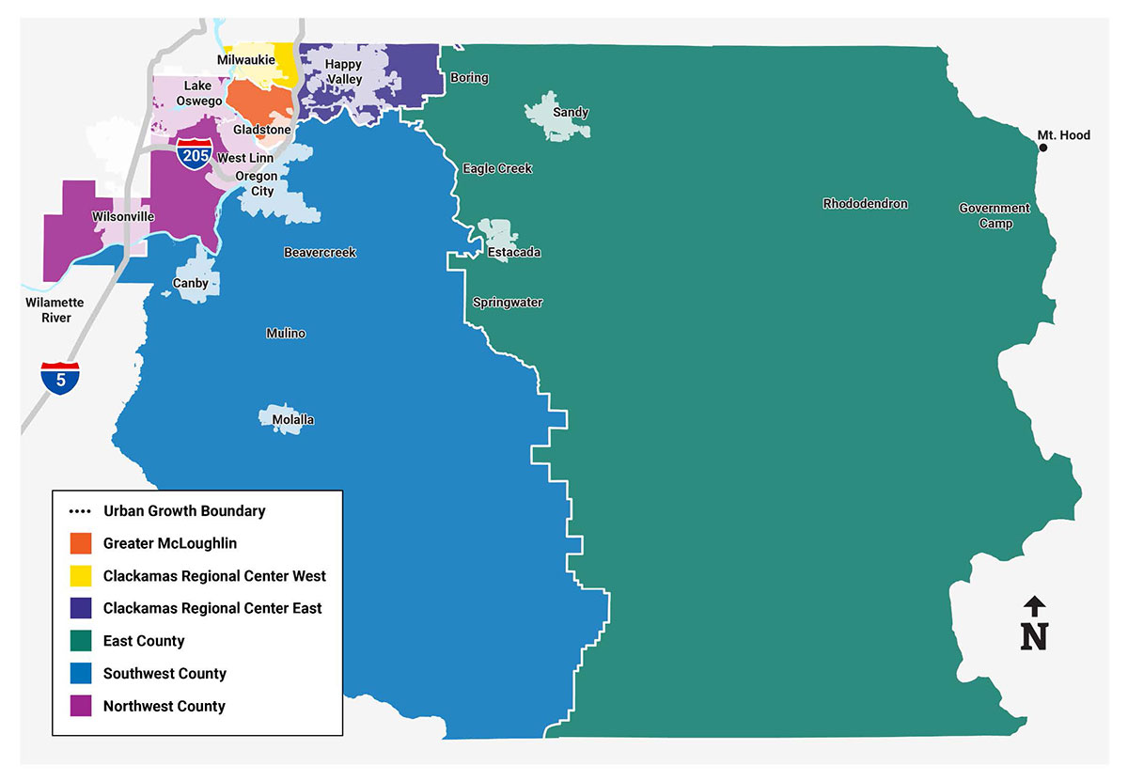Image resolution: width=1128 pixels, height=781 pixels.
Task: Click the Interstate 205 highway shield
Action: (193, 154)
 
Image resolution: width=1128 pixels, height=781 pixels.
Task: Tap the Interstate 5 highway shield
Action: (59, 378)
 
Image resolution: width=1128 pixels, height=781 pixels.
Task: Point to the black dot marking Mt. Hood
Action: (1042, 148)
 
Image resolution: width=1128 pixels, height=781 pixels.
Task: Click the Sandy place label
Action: (570, 113)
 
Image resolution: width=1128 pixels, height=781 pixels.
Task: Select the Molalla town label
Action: (292, 419)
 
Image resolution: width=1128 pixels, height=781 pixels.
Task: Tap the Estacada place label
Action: (513, 253)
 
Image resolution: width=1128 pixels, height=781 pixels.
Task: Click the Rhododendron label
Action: (865, 204)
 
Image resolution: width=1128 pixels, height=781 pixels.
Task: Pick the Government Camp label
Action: (995, 216)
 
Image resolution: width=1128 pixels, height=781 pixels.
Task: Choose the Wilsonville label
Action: (123, 217)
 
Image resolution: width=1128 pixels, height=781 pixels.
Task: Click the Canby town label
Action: (191, 283)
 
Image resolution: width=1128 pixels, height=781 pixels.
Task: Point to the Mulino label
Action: (286, 334)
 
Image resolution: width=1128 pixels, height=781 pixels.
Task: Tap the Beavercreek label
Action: (321, 253)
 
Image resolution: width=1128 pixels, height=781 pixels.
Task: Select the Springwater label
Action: (508, 303)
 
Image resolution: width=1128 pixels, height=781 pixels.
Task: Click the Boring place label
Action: (469, 78)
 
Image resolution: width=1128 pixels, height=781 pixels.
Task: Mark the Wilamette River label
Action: (55, 310)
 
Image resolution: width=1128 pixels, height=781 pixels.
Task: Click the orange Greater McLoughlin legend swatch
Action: (81, 543)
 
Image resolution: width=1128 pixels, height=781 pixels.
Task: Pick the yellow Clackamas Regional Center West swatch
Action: (81, 576)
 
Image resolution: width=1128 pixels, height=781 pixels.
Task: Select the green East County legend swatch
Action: (81, 641)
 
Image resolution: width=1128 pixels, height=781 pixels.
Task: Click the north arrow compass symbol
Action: (1034, 624)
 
